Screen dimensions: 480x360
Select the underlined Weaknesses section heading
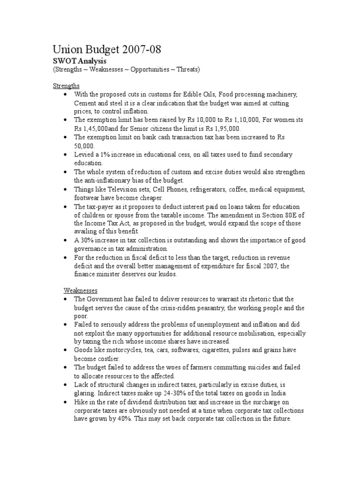point(80,291)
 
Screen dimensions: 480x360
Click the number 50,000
point(84,146)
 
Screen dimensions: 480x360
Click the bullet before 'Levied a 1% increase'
point(65,154)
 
